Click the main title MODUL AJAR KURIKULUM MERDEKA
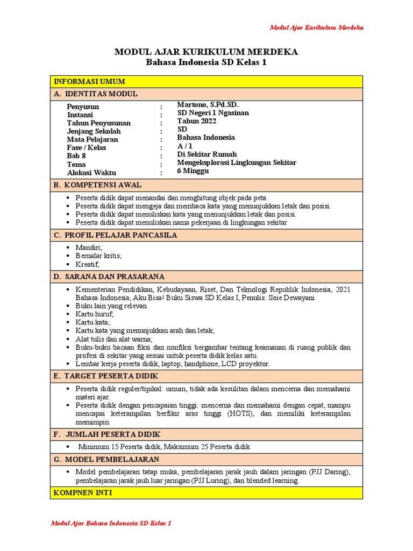coord(206,52)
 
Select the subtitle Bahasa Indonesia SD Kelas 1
coord(206,62)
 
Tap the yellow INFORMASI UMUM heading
coord(89,82)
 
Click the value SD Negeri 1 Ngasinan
coord(213,113)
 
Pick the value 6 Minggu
coord(193,171)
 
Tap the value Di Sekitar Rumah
coord(206,154)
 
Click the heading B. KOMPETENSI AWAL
coord(98,185)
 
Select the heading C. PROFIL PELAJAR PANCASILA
coord(116,235)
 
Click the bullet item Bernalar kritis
coord(99,256)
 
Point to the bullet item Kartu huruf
coord(95,314)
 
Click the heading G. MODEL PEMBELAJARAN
coord(106,459)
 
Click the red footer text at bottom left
coord(111,523)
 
